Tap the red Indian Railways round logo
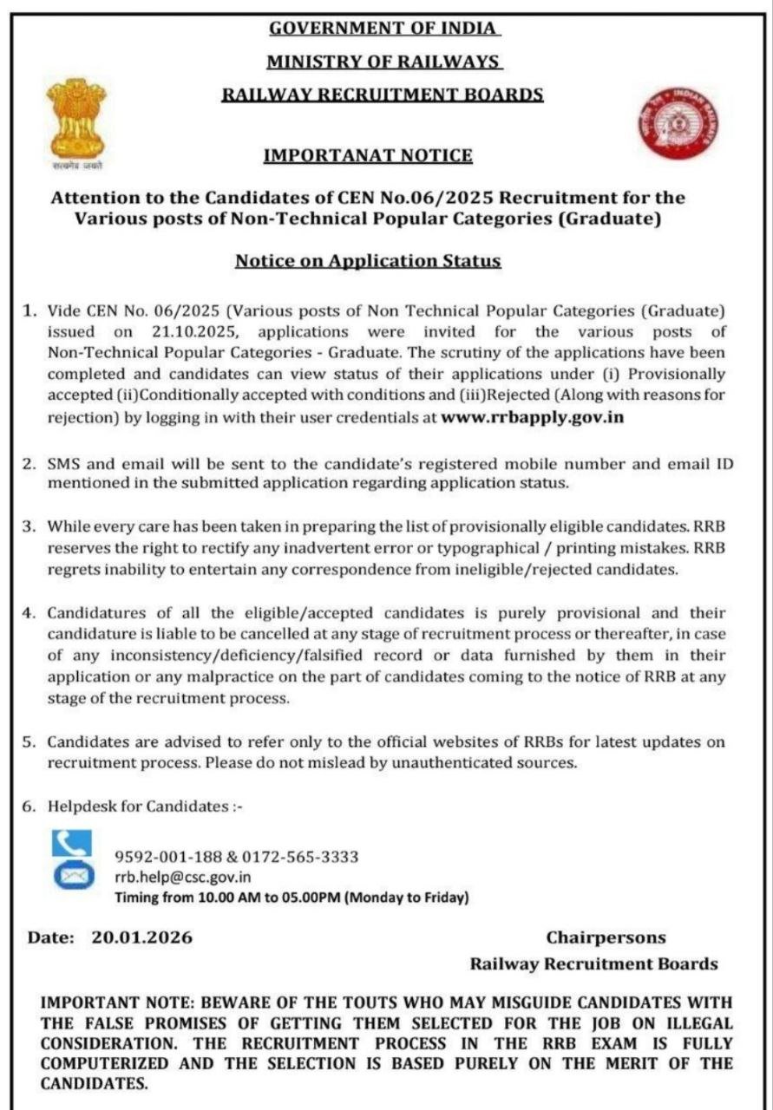(x=679, y=126)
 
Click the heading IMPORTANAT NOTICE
(x=368, y=156)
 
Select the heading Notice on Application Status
(x=368, y=260)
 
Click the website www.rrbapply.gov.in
(x=533, y=416)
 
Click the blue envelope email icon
(x=72, y=876)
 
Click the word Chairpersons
(x=606, y=937)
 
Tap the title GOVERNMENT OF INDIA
(x=383, y=28)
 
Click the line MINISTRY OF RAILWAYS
(x=383, y=62)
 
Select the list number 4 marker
(x=28, y=613)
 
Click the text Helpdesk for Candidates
(x=137, y=806)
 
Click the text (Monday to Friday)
(x=407, y=898)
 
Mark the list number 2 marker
(x=28, y=464)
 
